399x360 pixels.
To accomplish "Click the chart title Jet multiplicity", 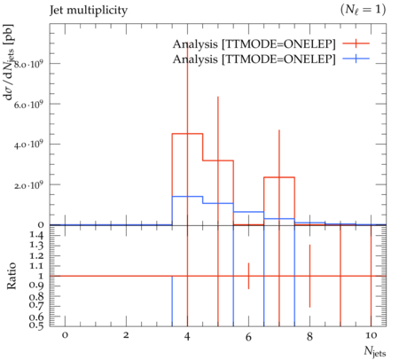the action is pyautogui.click(x=89, y=11).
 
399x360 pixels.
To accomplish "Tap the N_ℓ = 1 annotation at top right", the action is pyautogui.click(x=363, y=10).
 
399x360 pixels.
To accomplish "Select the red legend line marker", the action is pyautogui.click(x=356, y=43).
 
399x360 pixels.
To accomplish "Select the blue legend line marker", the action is pyautogui.click(x=356, y=59).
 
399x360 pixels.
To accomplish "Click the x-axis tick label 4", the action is pyautogui.click(x=187, y=336).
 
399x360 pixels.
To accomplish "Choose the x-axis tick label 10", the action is pyautogui.click(x=371, y=336).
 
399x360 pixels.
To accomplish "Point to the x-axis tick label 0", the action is pyautogui.click(x=65, y=336).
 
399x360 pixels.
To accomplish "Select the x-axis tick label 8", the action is pyautogui.click(x=309, y=336).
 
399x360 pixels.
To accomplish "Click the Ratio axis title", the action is pyautogui.click(x=12, y=276).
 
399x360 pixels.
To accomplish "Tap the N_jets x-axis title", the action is pyautogui.click(x=375, y=352).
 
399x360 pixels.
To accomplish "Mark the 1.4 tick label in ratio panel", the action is pyautogui.click(x=36, y=236).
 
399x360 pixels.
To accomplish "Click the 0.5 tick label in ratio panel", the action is pyautogui.click(x=36, y=325).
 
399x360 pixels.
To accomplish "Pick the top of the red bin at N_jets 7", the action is pyautogui.click(x=279, y=177).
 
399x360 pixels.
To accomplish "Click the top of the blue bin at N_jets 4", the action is pyautogui.click(x=187, y=196).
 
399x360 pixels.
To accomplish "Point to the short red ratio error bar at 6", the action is pyautogui.click(x=248, y=276).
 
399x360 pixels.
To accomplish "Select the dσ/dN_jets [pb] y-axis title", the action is pyautogui.click(x=11, y=62).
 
